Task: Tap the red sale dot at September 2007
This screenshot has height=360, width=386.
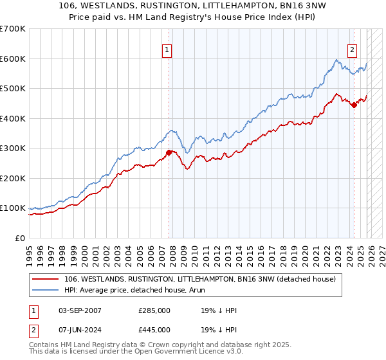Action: (x=169, y=152)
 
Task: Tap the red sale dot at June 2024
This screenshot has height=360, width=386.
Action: (x=354, y=105)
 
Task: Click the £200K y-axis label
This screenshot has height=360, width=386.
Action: (x=13, y=178)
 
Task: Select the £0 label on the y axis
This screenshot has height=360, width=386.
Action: (x=20, y=238)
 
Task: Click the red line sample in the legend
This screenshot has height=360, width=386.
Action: (x=46, y=279)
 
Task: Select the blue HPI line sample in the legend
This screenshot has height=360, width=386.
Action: (x=46, y=290)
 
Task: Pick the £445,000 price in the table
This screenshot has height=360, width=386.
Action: (x=154, y=330)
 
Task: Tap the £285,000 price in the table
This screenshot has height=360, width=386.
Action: (x=154, y=310)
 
